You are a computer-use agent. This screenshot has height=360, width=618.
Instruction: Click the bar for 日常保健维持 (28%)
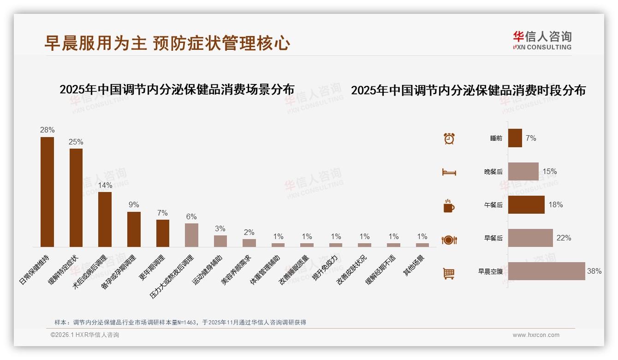click(x=47, y=192)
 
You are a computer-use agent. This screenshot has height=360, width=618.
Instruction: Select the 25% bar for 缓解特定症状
click(x=76, y=198)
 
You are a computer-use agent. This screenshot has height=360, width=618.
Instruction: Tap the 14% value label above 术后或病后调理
click(x=105, y=185)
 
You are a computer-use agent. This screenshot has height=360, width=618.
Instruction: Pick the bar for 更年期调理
click(x=163, y=233)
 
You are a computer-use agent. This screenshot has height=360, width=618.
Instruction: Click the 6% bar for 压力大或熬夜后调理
click(x=191, y=235)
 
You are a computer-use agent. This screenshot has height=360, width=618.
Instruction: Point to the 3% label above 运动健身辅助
click(x=220, y=228)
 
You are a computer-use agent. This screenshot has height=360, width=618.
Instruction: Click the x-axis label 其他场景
click(x=414, y=265)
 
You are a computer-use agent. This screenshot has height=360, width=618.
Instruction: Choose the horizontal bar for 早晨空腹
click(x=547, y=271)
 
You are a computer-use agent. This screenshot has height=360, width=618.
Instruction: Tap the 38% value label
click(x=594, y=271)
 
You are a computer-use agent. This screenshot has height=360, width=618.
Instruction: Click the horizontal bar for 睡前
click(x=515, y=138)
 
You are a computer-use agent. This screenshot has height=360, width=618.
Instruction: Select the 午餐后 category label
click(x=493, y=205)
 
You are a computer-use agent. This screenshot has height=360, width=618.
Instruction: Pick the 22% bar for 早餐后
click(x=530, y=238)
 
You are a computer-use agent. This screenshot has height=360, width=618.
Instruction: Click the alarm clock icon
click(x=449, y=138)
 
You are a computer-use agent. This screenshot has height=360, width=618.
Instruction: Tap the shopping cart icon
click(x=449, y=273)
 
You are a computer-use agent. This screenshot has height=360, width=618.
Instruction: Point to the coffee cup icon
click(x=449, y=206)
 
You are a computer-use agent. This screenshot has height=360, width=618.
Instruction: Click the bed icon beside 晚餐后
click(x=449, y=172)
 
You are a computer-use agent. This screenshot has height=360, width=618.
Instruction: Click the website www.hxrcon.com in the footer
click(x=536, y=335)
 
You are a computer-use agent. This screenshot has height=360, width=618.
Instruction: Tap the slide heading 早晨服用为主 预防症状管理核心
click(x=167, y=43)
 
